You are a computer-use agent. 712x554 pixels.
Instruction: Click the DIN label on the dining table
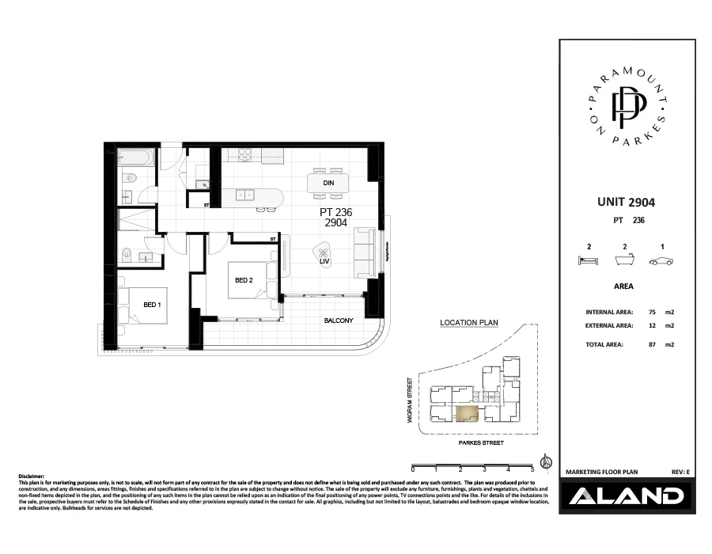328,183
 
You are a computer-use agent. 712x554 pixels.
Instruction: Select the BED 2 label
244,280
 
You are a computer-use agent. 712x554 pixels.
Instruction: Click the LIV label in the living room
324,260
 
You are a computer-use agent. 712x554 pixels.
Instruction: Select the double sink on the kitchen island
244,194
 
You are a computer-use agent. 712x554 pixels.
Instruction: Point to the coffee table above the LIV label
324,249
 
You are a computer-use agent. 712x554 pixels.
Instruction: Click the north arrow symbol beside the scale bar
545,461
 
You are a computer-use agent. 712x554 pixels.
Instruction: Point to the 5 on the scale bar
532,470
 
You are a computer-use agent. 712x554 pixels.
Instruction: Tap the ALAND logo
625,496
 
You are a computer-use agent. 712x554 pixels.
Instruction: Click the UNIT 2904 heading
625,203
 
